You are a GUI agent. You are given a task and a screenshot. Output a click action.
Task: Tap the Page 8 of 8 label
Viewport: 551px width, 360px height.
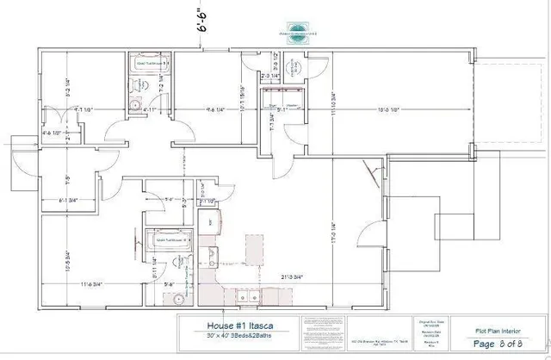pos(503,344)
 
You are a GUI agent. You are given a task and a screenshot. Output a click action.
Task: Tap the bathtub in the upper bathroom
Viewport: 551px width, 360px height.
pos(148,63)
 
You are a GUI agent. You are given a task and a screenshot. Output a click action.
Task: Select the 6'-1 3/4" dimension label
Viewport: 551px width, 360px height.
pos(66,201)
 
